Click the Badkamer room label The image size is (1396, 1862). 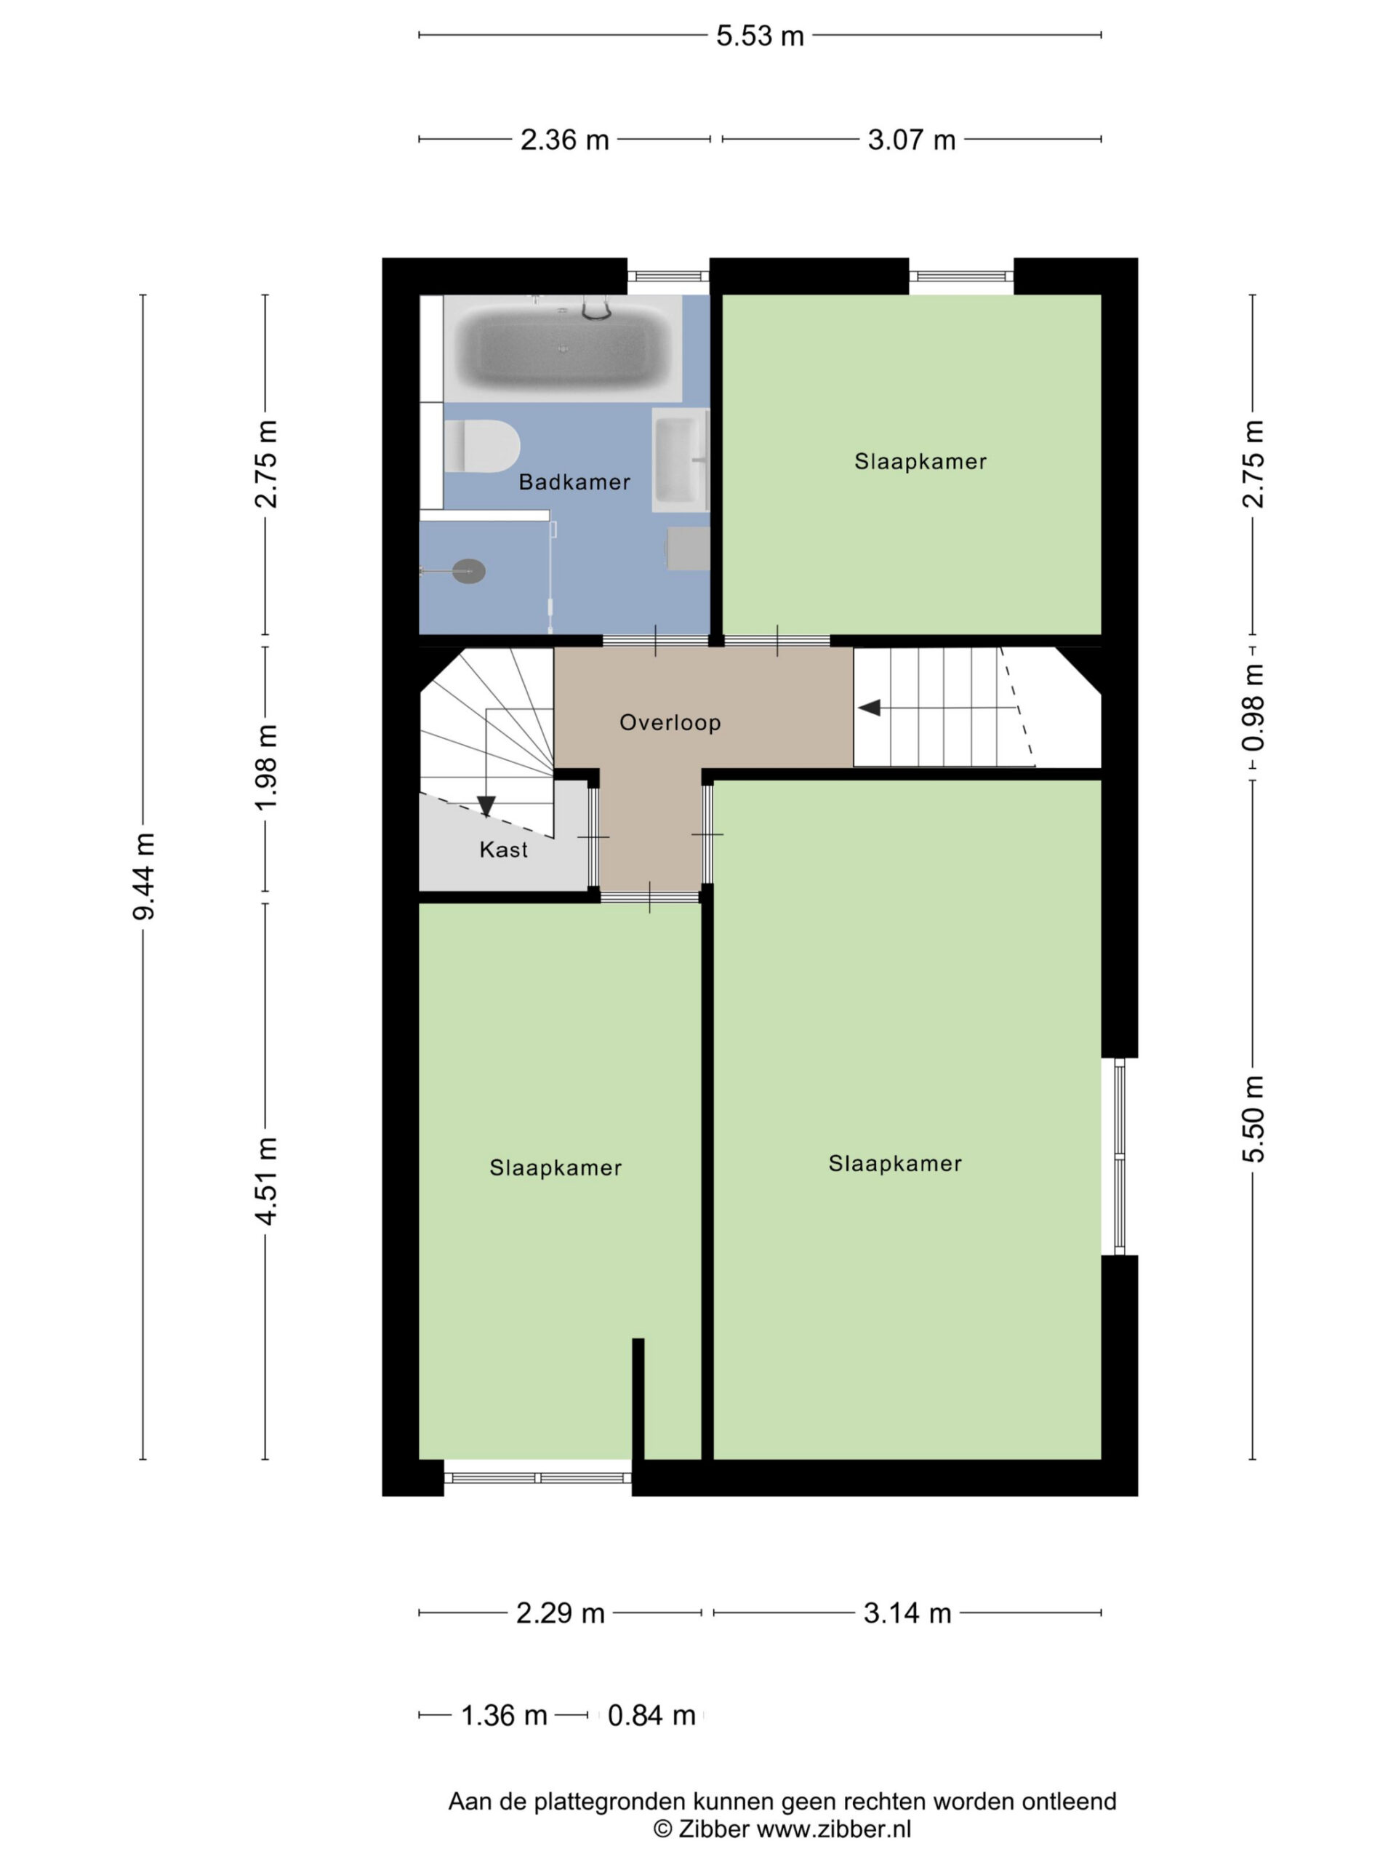click(574, 482)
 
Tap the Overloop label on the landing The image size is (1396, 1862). click(670, 722)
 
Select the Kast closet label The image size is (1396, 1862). click(503, 850)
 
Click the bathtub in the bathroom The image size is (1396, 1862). click(563, 348)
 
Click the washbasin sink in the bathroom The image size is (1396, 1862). click(681, 460)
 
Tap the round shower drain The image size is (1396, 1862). click(469, 572)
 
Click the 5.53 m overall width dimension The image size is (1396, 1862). click(760, 36)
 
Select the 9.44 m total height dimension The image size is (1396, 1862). click(144, 876)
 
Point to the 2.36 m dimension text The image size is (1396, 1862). click(565, 140)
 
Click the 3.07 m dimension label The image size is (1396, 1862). click(911, 140)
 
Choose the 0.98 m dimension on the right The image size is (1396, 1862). click(1253, 707)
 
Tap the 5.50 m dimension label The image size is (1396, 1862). click(1253, 1119)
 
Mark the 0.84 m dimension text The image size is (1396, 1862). click(651, 1716)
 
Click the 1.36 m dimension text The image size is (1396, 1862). click(504, 1716)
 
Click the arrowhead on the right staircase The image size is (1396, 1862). click(870, 708)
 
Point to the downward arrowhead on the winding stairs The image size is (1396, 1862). click(486, 807)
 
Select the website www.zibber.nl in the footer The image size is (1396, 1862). click(834, 1829)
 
